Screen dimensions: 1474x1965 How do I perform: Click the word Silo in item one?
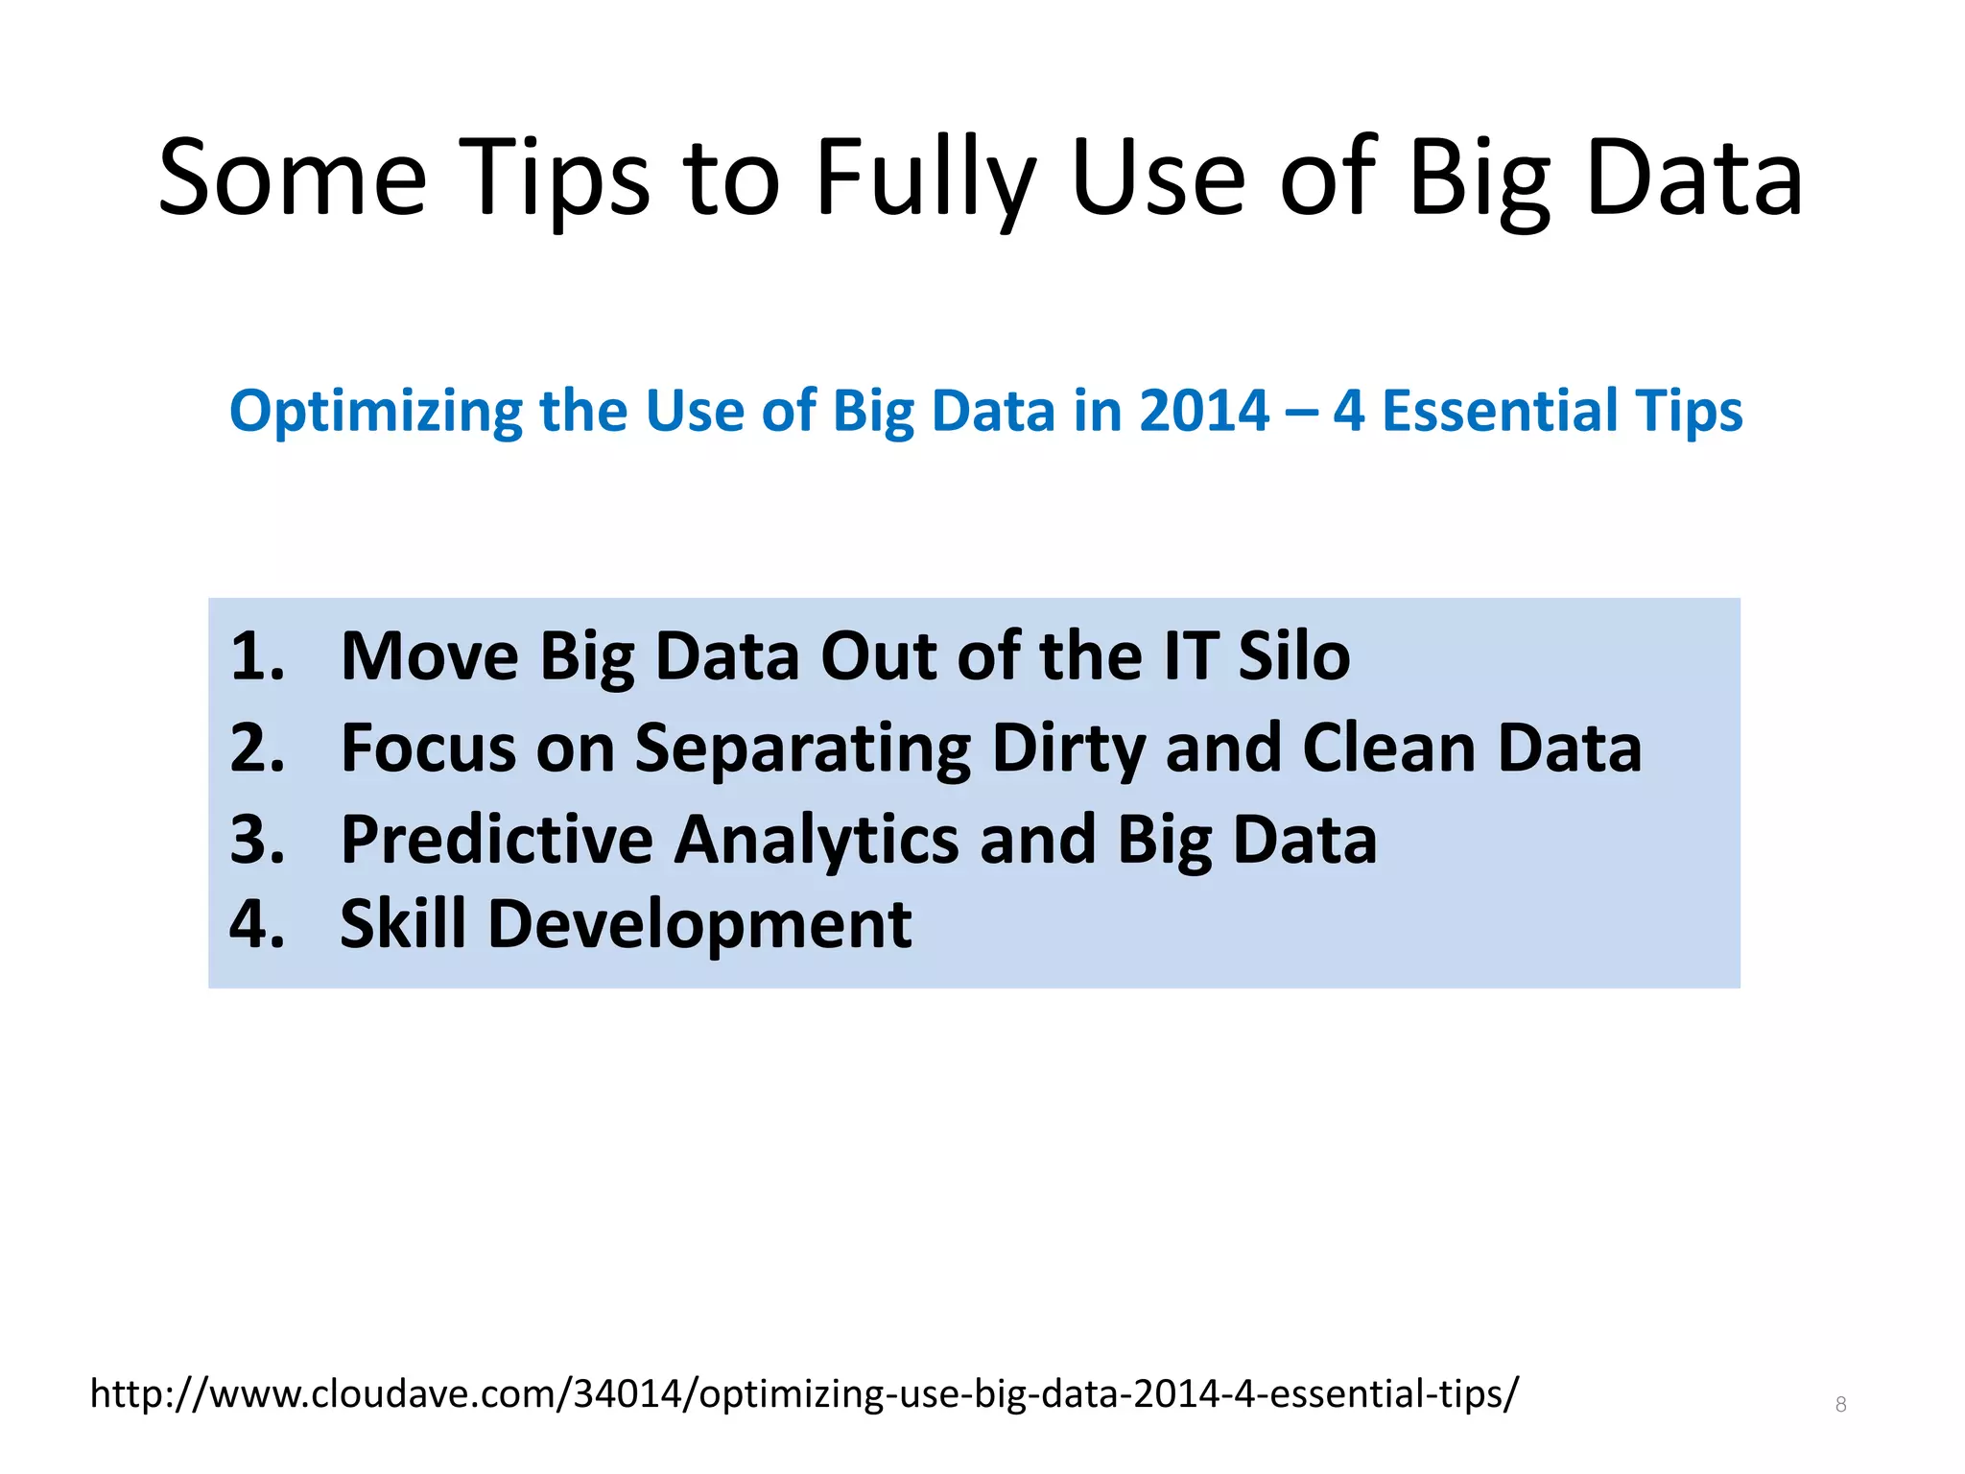(x=1293, y=657)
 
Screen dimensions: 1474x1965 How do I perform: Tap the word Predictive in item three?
(x=496, y=840)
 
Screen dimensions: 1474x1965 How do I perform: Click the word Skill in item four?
(x=403, y=924)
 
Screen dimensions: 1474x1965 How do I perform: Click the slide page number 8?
(x=1840, y=1405)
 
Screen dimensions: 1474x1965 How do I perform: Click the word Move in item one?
(x=429, y=657)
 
